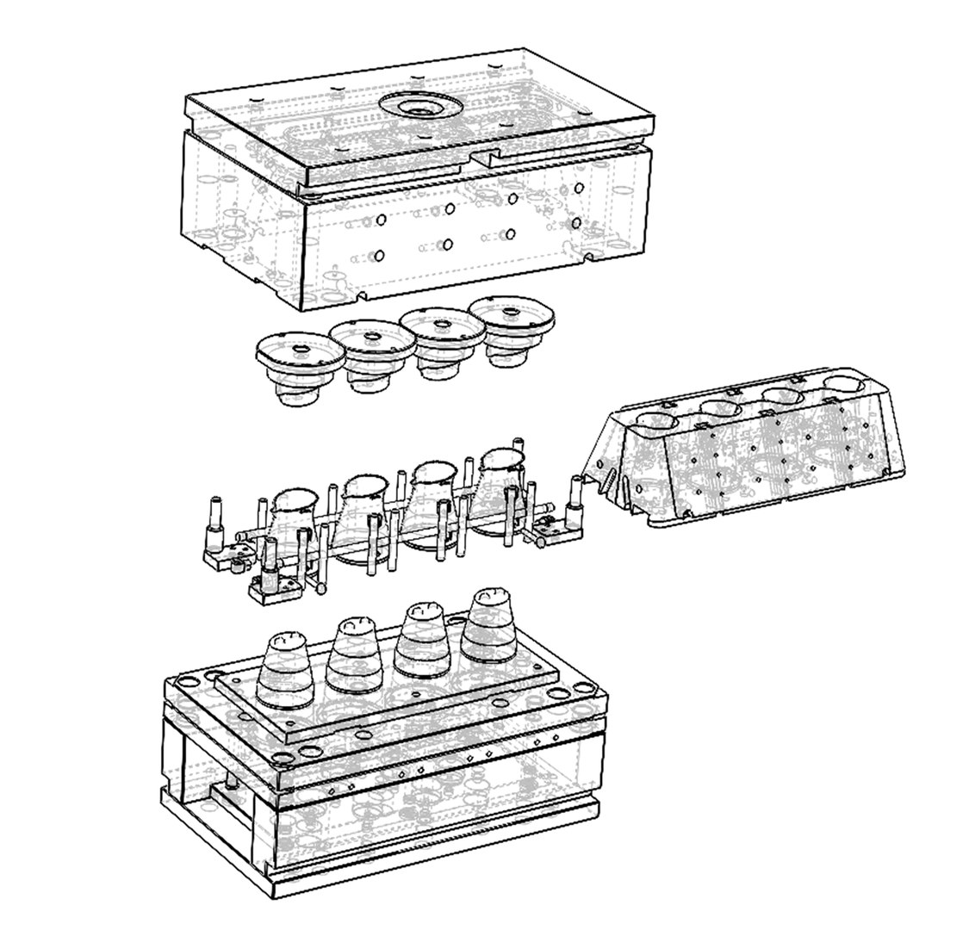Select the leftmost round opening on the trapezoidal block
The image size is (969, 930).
(656, 422)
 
